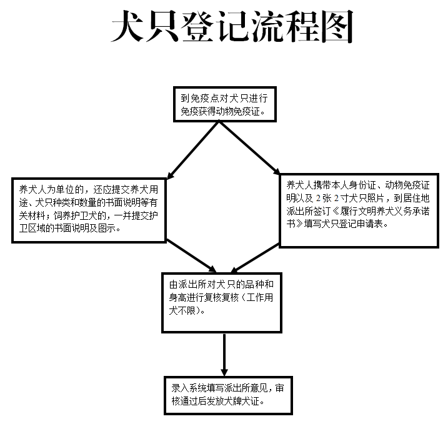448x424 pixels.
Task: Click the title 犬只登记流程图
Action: [232, 26]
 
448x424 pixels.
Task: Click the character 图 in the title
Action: [337, 26]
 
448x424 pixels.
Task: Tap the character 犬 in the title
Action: [127, 26]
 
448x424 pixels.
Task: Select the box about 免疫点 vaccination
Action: [224, 104]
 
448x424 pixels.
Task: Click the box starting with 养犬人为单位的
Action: [89, 210]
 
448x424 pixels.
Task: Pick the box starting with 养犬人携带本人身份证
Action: [359, 210]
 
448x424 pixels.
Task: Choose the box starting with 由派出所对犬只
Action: [222, 303]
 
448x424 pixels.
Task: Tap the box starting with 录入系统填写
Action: [228, 395]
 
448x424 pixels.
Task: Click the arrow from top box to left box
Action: [193, 150]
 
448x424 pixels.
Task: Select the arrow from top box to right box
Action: [249, 148]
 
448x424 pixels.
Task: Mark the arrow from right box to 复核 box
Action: [255, 258]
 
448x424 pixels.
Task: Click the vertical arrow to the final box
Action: [224, 355]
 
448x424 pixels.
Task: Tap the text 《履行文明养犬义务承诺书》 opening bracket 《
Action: [336, 211]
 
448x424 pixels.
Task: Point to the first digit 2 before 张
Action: [318, 198]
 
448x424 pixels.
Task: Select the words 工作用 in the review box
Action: [260, 297]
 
